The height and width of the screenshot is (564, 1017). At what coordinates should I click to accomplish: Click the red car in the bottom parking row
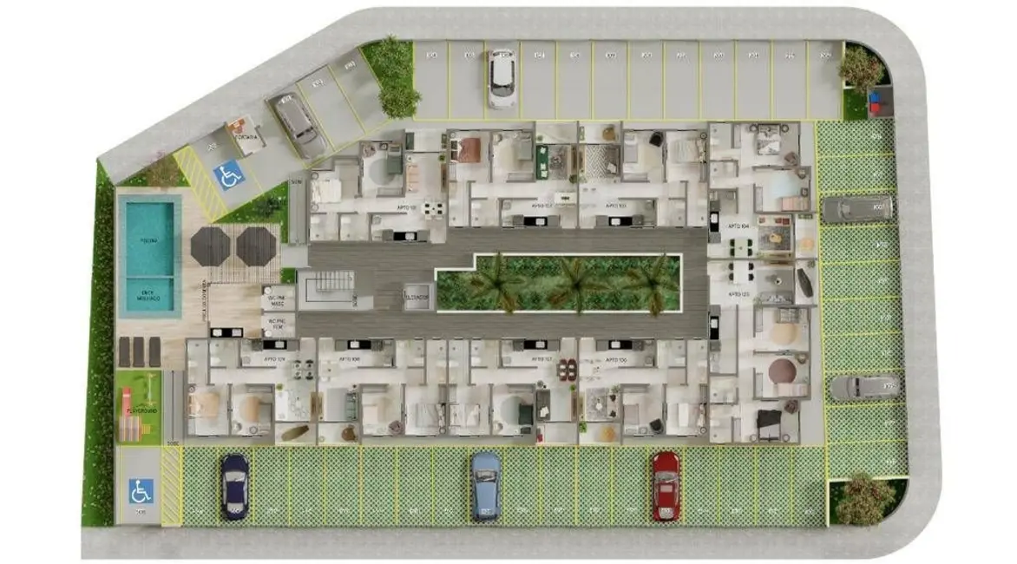point(666,486)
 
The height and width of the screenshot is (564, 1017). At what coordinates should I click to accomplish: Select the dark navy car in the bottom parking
point(233,487)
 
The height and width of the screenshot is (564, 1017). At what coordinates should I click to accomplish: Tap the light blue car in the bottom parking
point(486,486)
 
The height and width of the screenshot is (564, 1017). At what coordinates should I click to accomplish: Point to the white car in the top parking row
point(501,78)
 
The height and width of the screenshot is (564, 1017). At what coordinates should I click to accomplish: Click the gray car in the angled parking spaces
point(298,124)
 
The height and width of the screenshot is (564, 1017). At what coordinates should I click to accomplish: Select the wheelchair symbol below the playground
point(140,492)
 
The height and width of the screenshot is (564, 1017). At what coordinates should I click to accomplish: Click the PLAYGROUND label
point(140,410)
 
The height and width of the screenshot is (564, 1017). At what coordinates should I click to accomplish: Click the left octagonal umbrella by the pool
point(210,246)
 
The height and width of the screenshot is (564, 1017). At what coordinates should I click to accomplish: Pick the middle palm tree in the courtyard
point(574,281)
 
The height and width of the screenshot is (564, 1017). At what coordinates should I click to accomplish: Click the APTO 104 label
point(739,226)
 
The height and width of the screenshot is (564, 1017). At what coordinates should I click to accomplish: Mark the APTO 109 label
point(275,358)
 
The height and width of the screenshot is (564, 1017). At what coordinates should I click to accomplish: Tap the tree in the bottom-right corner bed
point(863,498)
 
